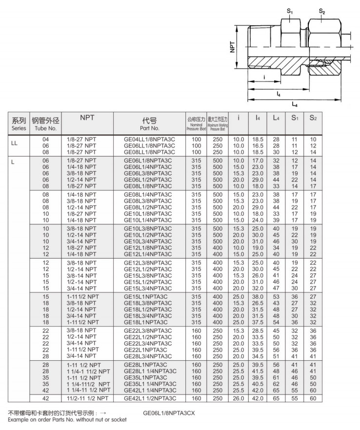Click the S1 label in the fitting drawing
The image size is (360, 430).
[289, 11]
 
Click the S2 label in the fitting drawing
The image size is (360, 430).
[322, 11]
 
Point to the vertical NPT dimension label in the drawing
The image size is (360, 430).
[233, 47]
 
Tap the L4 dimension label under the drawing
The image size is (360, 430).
[295, 104]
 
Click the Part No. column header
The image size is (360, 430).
[149, 124]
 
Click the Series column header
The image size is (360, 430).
[19, 124]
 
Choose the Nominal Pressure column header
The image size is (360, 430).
[196, 124]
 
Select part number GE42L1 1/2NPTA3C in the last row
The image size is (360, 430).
[149, 398]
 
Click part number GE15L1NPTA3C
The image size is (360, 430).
[146, 296]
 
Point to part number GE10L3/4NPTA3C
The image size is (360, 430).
[149, 241]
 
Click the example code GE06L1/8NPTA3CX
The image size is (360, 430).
[169, 412]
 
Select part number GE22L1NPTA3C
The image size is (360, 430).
[146, 349]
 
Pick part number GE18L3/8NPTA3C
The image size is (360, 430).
[149, 303]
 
